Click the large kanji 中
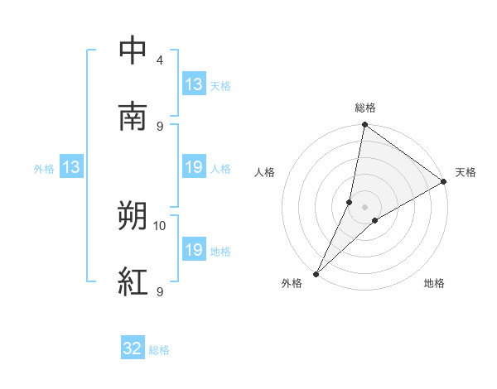coord(133,50)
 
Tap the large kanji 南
coord(133,117)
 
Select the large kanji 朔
coord(133,217)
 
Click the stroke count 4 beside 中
coord(159,60)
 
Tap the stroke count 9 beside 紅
coord(159,291)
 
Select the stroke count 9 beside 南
coord(159,126)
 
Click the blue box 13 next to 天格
coord(194,84)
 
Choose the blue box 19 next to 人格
coord(194,167)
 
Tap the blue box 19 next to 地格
coord(194,250)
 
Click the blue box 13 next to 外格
coord(71,167)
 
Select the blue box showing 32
coord(133,348)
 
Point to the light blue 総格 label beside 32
coord(159,349)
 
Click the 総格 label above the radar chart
coord(365,108)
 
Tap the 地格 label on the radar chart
coord(434,284)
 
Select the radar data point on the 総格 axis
coord(365,126)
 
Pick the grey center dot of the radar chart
coord(365,206)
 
